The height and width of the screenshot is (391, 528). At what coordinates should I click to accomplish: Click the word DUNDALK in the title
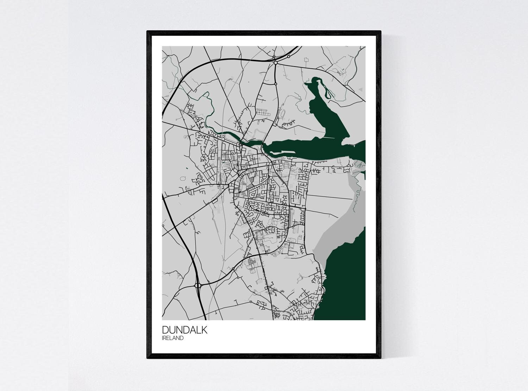click(185, 330)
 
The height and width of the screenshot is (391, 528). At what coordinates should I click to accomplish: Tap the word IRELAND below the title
click(173, 338)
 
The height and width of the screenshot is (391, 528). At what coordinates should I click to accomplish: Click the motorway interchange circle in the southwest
click(197, 285)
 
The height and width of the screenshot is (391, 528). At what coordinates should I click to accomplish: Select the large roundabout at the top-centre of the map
click(276, 63)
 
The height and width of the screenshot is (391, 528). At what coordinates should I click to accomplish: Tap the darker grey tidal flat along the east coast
click(331, 236)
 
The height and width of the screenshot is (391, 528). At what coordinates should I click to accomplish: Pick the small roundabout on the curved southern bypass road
click(233, 270)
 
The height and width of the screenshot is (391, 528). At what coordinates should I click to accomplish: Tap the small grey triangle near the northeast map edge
click(360, 90)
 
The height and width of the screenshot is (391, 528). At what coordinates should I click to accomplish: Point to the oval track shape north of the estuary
click(281, 114)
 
